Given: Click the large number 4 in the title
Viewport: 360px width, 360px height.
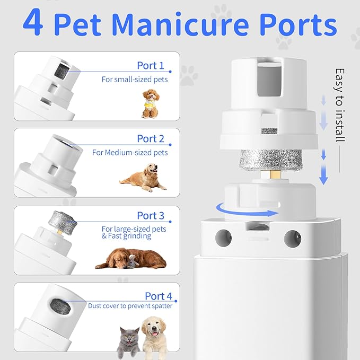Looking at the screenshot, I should (x=33, y=24).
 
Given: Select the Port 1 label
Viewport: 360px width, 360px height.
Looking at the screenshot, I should (x=151, y=66).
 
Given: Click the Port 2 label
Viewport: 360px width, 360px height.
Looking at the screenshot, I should (x=151, y=138).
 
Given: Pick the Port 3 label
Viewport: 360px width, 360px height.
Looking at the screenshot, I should (x=151, y=215).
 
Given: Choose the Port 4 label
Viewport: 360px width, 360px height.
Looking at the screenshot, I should (x=158, y=296).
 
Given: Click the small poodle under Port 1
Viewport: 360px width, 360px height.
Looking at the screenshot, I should (x=151, y=102).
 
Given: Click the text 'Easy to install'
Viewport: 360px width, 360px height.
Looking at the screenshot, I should (x=340, y=104).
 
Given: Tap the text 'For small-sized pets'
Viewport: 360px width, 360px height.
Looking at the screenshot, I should (x=135, y=80).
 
